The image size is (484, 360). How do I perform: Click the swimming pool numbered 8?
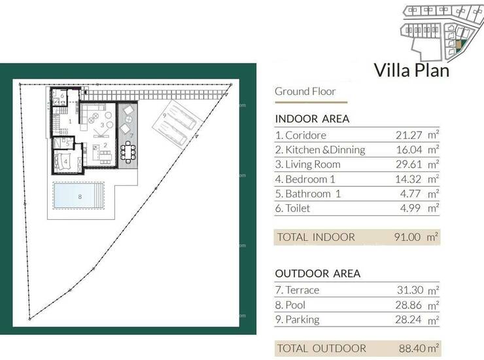pos(79,196)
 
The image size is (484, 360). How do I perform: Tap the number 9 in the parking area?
pos(165,116)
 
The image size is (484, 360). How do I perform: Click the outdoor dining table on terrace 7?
pos(128,152)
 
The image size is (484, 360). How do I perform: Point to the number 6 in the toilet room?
pos(62,96)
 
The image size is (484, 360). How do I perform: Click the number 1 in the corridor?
pos(70,122)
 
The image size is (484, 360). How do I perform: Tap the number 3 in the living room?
pos(103,125)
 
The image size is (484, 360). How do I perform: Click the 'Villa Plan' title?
pos(411,70)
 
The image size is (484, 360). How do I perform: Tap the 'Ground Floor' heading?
pos(305,92)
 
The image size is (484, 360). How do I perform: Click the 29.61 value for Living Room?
pos(409,164)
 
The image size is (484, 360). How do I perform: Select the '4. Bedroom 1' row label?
pos(305,179)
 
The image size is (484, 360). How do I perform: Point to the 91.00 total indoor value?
pos(407,237)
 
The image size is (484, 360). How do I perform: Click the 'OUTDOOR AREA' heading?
pos(318,274)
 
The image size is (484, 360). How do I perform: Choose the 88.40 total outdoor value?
pos(413,348)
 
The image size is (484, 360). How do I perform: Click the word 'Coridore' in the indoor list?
pos(305,135)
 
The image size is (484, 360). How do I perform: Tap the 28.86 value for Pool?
pos(408,305)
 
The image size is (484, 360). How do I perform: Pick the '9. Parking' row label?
pos(297,319)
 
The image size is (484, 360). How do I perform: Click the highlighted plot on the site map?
pos(459,45)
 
